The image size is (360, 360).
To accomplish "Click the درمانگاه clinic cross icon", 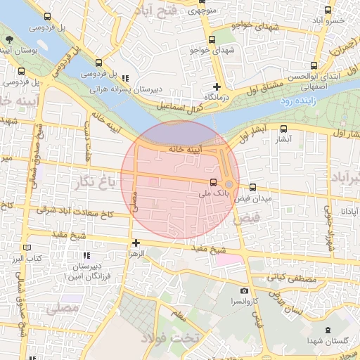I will [217, 86].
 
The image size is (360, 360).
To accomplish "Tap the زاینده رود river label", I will [304, 102].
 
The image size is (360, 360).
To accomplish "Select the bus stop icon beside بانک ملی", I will [214, 183].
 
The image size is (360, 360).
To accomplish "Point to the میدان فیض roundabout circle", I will [229, 184].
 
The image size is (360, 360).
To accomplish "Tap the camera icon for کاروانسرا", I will [244, 291].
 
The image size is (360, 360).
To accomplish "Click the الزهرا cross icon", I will [136, 243].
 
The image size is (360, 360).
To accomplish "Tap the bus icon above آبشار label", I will [283, 129].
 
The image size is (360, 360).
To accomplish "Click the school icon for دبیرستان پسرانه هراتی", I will [125, 78].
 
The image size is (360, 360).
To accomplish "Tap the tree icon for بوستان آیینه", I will [8, 39].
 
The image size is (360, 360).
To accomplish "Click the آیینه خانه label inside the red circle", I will [186, 149].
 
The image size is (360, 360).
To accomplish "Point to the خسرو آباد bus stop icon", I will [328, 10].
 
